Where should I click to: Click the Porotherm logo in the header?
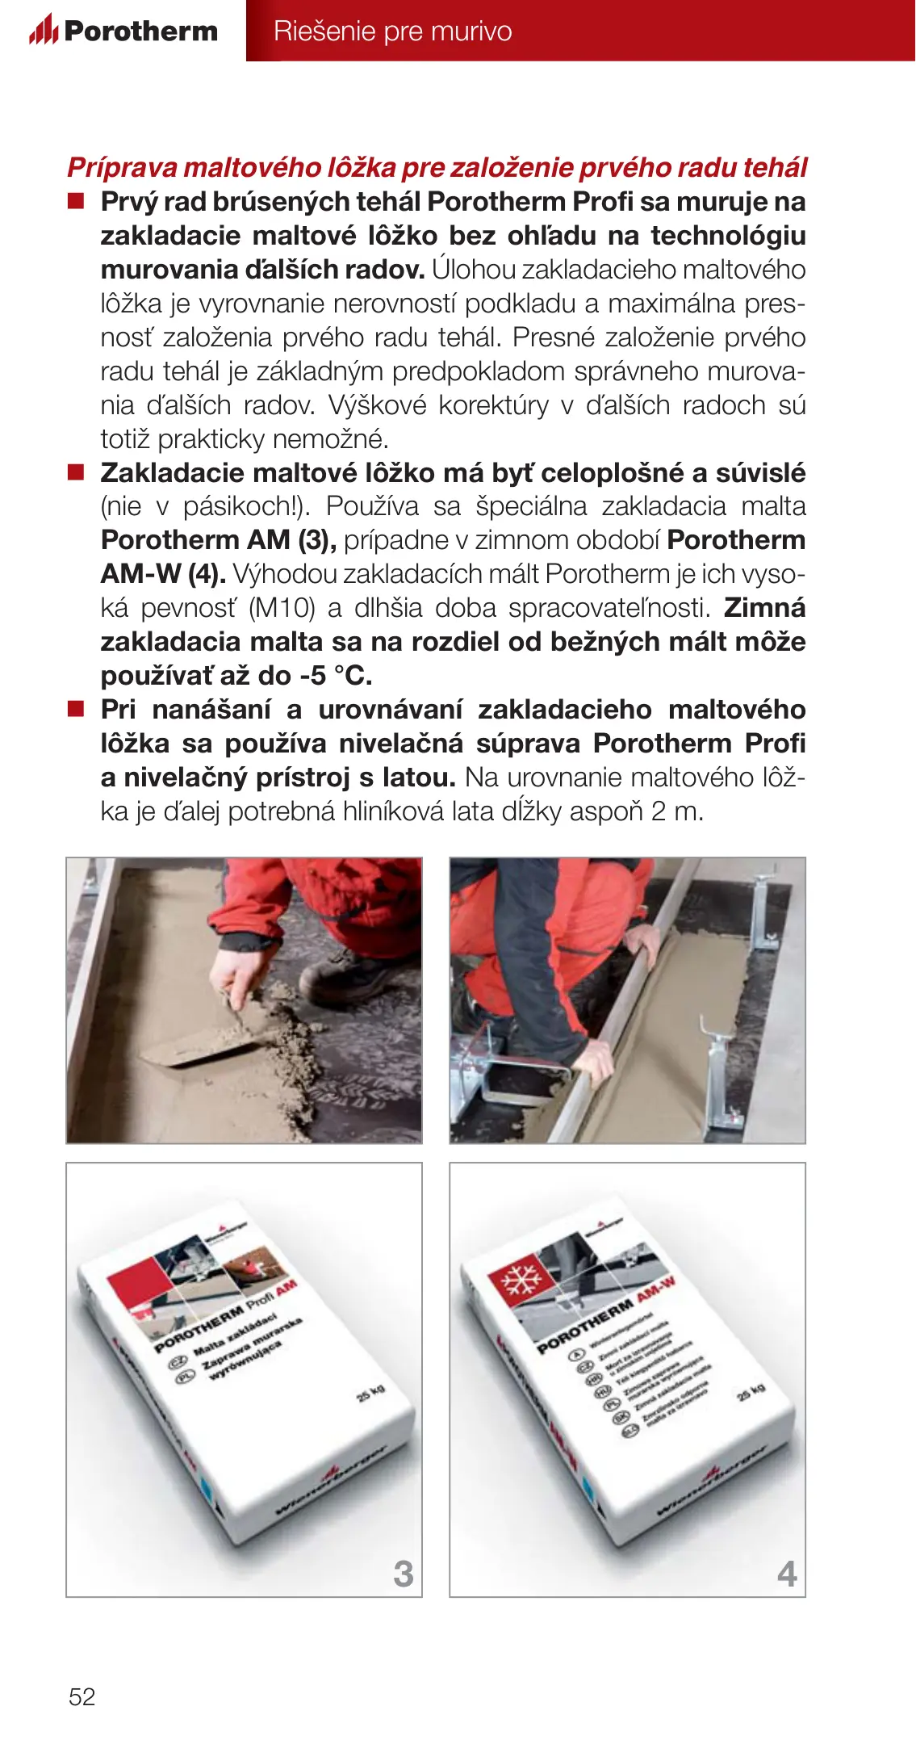tap(123, 31)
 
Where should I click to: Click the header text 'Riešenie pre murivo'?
tap(392, 31)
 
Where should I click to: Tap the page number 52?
tap(82, 1696)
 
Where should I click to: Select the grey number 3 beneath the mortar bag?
tap(403, 1574)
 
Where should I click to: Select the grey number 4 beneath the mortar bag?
tap(787, 1574)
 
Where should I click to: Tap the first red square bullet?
tap(76, 201)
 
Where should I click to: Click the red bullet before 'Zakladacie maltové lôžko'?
tap(76, 472)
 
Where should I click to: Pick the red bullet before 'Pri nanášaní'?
tap(76, 709)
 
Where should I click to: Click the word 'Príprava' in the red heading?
tap(122, 167)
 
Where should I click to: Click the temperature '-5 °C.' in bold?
tap(336, 675)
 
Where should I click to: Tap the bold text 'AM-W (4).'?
tap(163, 574)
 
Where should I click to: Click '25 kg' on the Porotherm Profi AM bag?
tap(370, 1391)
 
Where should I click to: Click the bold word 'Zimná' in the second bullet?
tap(764, 608)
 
